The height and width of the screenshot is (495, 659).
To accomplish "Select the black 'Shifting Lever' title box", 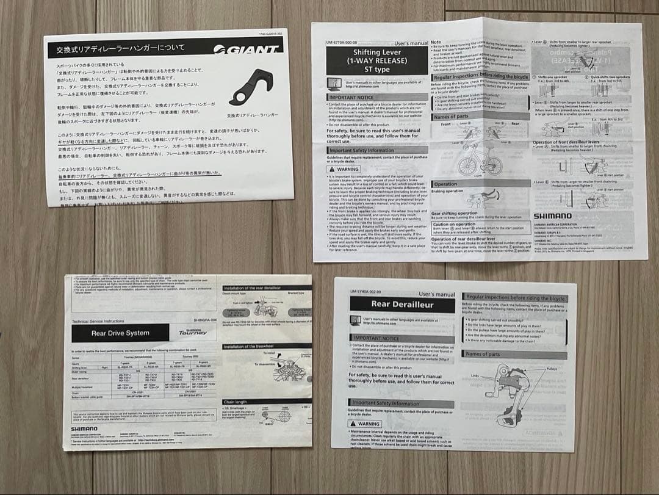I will pyautogui.click(x=376, y=60).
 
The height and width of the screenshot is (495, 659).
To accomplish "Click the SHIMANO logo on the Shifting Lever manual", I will pyautogui.click(x=552, y=215).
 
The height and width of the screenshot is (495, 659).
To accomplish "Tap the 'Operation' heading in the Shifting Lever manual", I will pyautogui.click(x=445, y=184).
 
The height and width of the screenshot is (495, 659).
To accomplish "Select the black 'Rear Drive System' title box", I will pyautogui.click(x=120, y=333).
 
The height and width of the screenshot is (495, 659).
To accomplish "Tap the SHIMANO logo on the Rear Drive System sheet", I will pyautogui.click(x=84, y=428).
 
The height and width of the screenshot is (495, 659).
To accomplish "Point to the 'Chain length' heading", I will pyautogui.click(x=236, y=402).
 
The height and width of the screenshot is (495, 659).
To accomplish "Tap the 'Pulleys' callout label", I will pyautogui.click(x=551, y=369).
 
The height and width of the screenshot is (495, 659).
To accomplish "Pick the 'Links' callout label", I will pyautogui.click(x=475, y=376).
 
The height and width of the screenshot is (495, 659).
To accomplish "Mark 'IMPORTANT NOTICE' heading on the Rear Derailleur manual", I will pyautogui.click(x=376, y=338).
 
